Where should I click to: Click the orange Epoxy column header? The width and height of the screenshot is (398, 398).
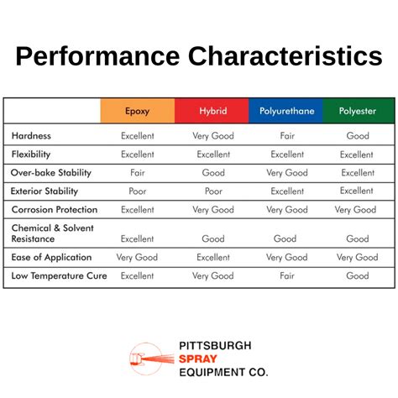click(x=138, y=111)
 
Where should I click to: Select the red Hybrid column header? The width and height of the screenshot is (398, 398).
click(x=212, y=111)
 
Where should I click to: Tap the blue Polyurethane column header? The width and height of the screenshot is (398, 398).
click(x=286, y=111)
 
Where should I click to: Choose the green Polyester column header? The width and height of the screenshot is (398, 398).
click(x=357, y=111)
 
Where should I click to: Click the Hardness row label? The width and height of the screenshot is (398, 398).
click(x=32, y=135)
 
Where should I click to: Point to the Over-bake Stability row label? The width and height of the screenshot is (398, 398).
click(x=51, y=172)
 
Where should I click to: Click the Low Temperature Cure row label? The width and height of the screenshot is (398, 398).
click(x=59, y=275)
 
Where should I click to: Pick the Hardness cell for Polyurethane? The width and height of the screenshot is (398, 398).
click(x=286, y=135)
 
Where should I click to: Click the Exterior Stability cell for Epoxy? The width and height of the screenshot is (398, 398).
click(x=138, y=191)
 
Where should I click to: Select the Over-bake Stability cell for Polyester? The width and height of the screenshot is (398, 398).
click(x=357, y=172)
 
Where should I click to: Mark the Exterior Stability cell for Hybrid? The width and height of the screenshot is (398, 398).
click(x=212, y=191)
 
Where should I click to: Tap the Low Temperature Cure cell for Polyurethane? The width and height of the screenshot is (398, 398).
click(x=286, y=275)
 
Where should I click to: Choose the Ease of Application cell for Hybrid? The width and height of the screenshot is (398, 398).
click(x=212, y=257)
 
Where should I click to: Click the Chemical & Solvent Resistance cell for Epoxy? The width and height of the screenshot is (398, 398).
click(x=138, y=238)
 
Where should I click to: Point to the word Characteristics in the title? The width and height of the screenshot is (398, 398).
click(x=285, y=56)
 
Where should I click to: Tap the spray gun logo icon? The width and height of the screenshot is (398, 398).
click(x=152, y=359)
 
